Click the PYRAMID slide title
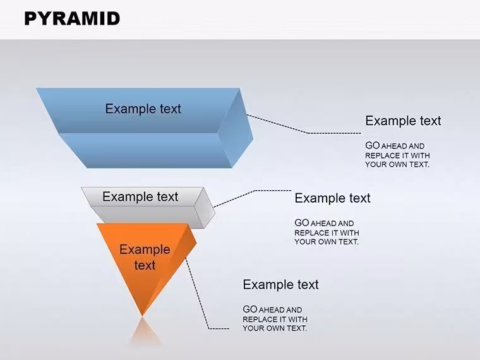(72, 18)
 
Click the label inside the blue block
(143, 109)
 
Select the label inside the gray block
(140, 196)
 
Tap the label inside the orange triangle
(145, 257)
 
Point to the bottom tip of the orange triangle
(142, 315)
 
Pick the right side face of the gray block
(205, 208)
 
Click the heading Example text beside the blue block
(403, 121)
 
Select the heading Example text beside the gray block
(332, 198)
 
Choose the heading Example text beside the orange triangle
(280, 284)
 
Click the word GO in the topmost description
(372, 145)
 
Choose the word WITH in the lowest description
(297, 320)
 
